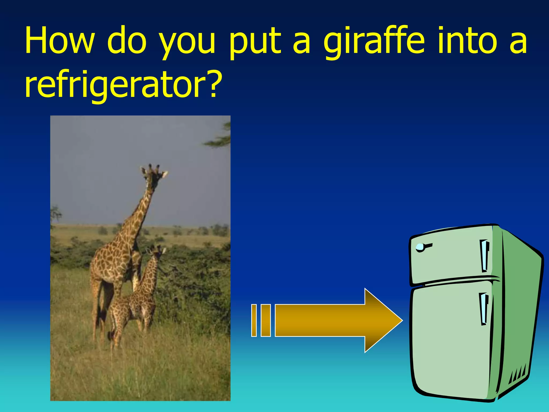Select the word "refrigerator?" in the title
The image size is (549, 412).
click(123, 85)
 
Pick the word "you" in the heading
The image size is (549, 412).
click(187, 44)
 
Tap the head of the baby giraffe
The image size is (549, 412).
click(156, 252)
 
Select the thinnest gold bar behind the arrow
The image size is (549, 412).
click(254, 320)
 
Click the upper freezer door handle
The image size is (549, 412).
click(484, 255)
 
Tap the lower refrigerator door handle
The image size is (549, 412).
click(484, 308)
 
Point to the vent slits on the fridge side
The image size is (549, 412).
click(519, 374)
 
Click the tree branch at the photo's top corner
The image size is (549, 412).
click(220, 137)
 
